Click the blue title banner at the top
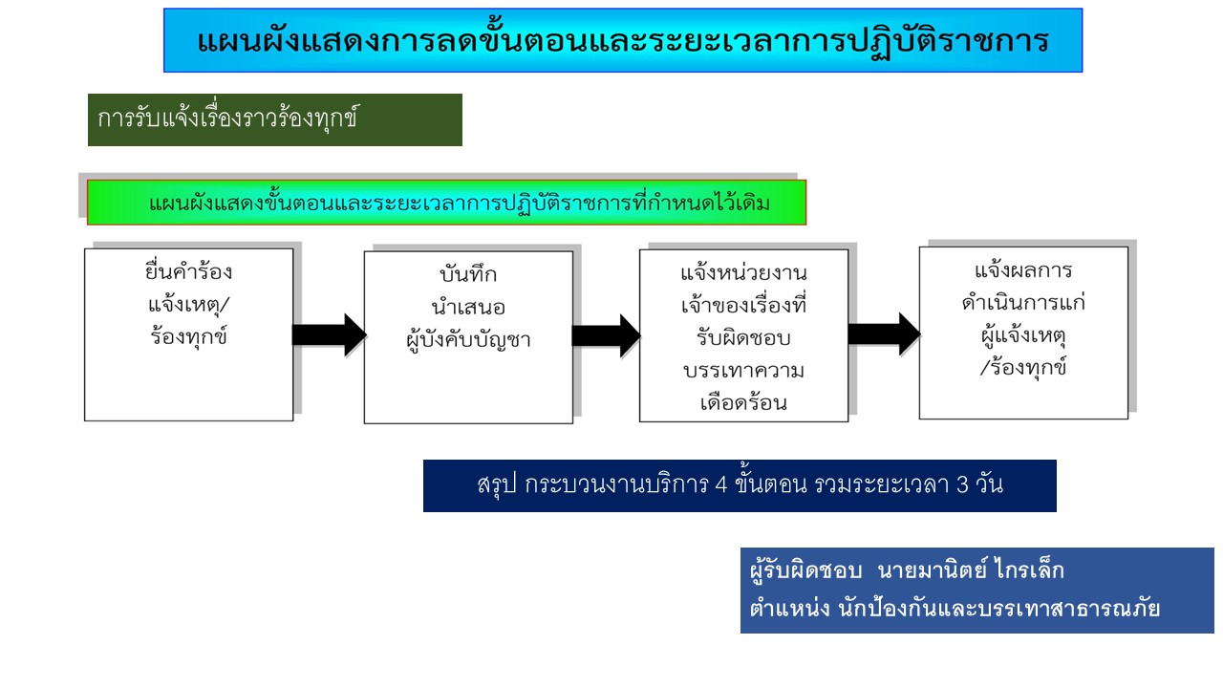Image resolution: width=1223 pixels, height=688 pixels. click(x=623, y=40)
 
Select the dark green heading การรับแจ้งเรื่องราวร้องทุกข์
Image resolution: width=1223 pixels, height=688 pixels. click(x=275, y=119)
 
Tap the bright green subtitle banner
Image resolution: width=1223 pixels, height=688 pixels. click(x=446, y=202)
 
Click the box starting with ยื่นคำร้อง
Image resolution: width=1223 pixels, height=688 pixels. click(x=189, y=334)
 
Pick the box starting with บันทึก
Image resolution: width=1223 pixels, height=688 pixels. click(x=468, y=337)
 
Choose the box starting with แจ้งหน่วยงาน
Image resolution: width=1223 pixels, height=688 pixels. click(x=743, y=335)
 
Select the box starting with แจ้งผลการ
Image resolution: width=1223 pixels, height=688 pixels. click(x=1023, y=333)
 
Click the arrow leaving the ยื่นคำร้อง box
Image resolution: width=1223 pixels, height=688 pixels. click(x=330, y=334)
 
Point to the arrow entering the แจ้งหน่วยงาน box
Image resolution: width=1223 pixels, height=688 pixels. click(x=606, y=335)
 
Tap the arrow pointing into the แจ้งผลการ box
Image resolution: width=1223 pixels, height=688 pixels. click(x=885, y=333)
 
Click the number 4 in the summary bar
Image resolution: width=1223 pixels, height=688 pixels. click(x=720, y=484)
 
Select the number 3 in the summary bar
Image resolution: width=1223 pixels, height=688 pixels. click(x=962, y=484)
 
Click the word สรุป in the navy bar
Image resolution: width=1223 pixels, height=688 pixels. click(x=496, y=484)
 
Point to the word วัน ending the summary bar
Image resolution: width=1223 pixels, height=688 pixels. click(x=990, y=484)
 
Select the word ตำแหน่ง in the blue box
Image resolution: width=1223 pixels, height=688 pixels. click(x=789, y=608)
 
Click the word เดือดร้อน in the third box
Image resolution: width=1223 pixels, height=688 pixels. click(x=743, y=403)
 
